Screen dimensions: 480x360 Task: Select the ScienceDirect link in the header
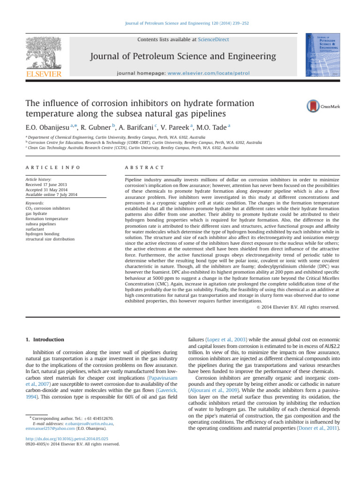click(213, 40)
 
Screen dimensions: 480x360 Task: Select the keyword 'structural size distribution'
click(51, 239)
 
